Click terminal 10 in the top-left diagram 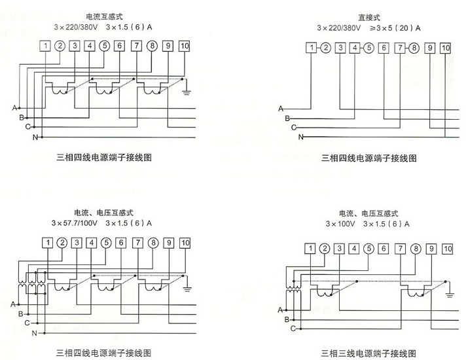tap(184, 45)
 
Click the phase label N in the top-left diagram tap(35, 138)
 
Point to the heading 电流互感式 tap(101, 14)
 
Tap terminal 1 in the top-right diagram tap(313, 48)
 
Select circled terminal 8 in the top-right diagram tap(414, 48)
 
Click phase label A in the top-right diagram tap(281, 107)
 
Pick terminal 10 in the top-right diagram tap(446, 48)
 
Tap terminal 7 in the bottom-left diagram tap(136, 243)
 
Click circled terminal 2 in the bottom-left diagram tap(62, 243)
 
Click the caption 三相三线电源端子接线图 tap(368, 353)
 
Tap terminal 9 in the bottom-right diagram tap(431, 248)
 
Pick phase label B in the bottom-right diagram tap(287, 318)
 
